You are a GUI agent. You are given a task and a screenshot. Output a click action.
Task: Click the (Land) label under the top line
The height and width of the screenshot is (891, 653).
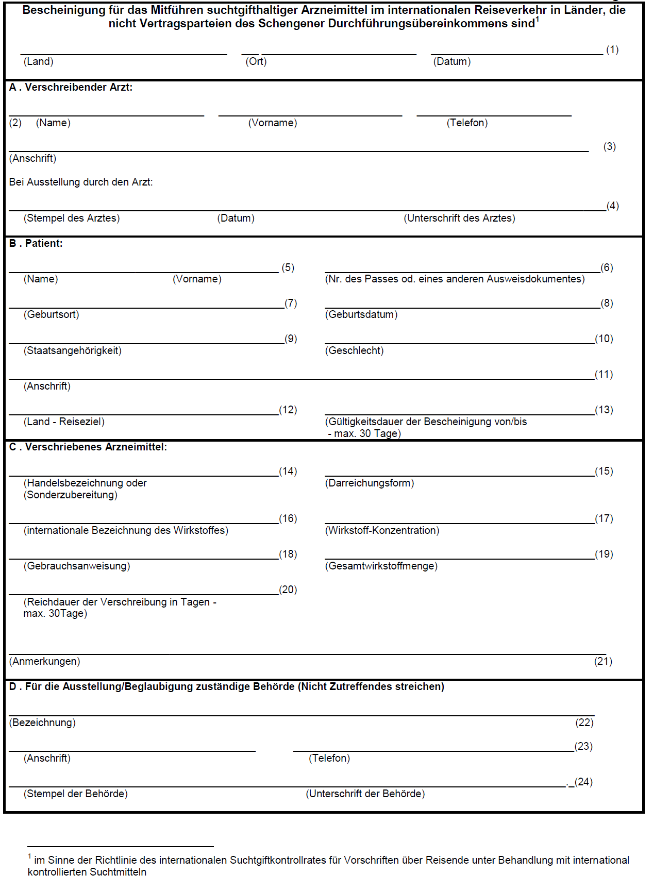pyautogui.click(x=39, y=62)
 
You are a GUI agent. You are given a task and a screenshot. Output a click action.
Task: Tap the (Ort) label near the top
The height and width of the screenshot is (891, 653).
pyautogui.click(x=256, y=62)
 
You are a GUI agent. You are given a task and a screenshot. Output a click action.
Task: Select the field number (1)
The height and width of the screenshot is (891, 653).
pyautogui.click(x=612, y=50)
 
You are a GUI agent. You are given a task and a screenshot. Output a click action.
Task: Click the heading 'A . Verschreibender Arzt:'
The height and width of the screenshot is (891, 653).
pyautogui.click(x=71, y=88)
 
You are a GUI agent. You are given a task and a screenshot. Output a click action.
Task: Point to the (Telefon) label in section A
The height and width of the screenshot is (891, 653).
pyautogui.click(x=467, y=123)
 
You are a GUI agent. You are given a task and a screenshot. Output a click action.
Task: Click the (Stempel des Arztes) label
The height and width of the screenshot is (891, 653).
pyautogui.click(x=72, y=218)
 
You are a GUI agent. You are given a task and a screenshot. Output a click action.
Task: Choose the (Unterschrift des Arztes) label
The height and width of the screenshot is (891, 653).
pyautogui.click(x=459, y=218)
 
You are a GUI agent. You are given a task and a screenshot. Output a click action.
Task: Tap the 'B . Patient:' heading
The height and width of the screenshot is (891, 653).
pyautogui.click(x=36, y=244)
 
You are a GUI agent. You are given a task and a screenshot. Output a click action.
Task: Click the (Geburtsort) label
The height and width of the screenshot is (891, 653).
pyautogui.click(x=52, y=315)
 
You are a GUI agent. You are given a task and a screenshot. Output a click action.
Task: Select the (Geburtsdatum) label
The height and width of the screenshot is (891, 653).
pyautogui.click(x=361, y=315)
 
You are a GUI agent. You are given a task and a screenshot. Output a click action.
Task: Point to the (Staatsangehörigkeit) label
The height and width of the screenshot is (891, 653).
pyautogui.click(x=73, y=351)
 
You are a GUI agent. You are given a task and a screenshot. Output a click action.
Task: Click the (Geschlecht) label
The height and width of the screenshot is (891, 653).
pyautogui.click(x=355, y=351)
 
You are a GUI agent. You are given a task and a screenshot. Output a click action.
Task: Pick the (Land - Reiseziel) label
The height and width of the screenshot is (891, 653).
pyautogui.click(x=64, y=422)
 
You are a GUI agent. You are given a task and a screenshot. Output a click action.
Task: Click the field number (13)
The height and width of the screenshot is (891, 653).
pyautogui.click(x=604, y=410)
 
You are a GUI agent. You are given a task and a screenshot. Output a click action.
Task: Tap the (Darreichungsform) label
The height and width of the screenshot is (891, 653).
pyautogui.click(x=370, y=483)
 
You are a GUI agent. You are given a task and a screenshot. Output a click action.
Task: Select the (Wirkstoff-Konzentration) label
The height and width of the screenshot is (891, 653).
pyautogui.click(x=382, y=531)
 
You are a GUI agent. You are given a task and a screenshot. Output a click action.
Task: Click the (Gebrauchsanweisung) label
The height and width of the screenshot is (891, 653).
pyautogui.click(x=77, y=566)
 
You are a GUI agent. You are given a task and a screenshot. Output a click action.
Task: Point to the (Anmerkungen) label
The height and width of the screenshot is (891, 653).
pyautogui.click(x=45, y=662)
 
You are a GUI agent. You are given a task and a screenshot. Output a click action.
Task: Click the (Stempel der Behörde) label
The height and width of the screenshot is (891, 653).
pyautogui.click(x=76, y=794)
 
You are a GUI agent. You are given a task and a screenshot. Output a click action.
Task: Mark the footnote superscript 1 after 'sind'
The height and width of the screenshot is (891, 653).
pyautogui.click(x=538, y=20)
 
